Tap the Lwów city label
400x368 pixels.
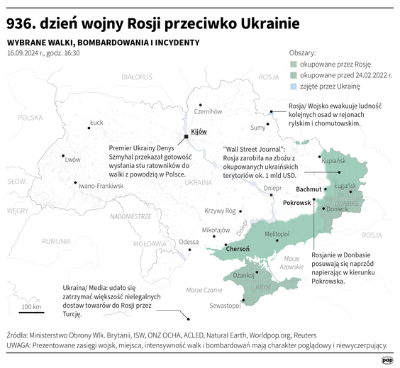tap(72, 160)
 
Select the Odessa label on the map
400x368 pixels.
tap(189, 242)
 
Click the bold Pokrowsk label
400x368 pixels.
tap(297, 203)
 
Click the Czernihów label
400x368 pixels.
tap(208, 111)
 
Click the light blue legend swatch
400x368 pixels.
tap(293, 85)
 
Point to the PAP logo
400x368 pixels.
tap(387, 360)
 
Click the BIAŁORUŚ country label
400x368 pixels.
tap(137, 75)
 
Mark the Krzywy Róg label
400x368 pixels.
tap(219, 211)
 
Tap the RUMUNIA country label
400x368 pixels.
tap(56, 241)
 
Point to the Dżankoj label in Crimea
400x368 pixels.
tap(243, 274)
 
